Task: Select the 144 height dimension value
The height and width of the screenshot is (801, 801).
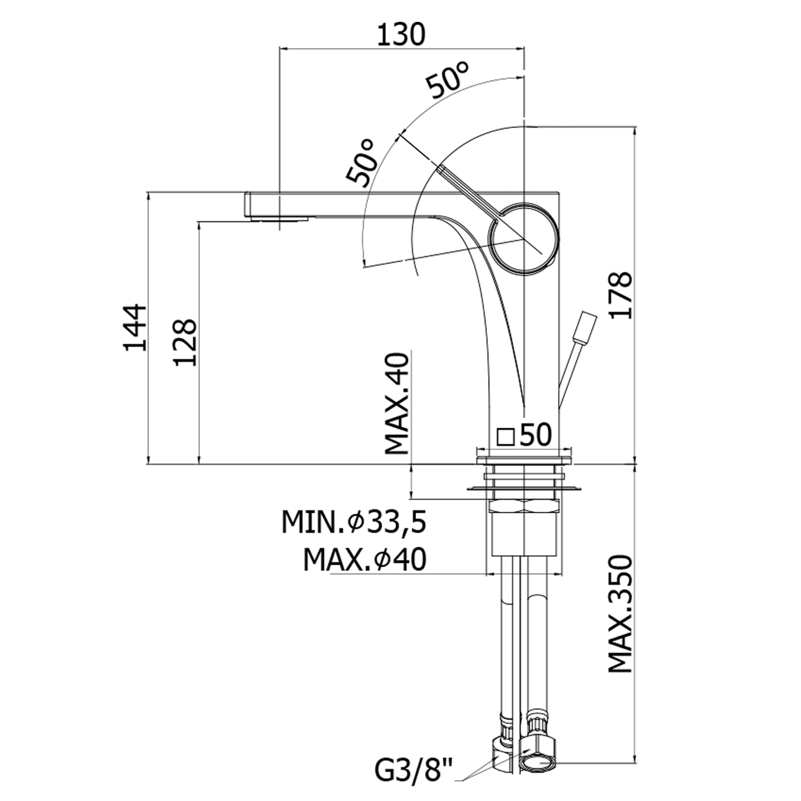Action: tap(134, 327)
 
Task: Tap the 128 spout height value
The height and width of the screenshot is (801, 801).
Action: tap(185, 342)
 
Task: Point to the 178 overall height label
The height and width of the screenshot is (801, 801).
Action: tap(621, 295)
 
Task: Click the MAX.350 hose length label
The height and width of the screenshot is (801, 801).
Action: tap(621, 614)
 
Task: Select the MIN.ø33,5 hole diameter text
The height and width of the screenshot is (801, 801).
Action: tap(354, 523)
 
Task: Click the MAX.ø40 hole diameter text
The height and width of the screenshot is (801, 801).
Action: tap(364, 560)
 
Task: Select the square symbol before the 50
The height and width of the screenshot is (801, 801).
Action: tap(505, 437)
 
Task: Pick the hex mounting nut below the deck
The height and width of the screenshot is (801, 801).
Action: tap(524, 506)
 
